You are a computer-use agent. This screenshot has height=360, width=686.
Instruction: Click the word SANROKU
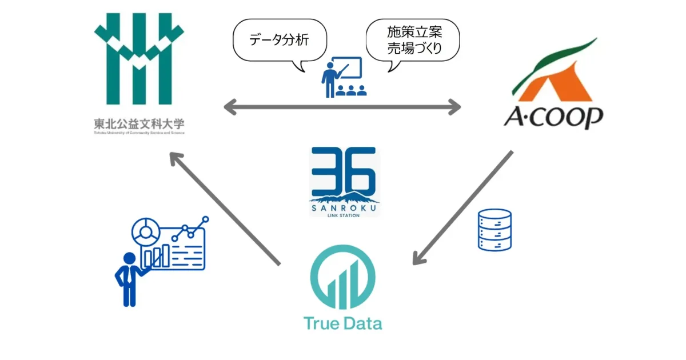(344, 209)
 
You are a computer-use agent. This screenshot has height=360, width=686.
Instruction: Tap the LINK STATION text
(344, 217)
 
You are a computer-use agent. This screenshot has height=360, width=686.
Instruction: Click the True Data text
(342, 323)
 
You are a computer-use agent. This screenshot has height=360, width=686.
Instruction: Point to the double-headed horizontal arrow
(342, 106)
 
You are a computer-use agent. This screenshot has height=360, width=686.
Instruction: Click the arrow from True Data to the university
(225, 209)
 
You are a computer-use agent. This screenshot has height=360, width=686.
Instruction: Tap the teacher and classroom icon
(343, 77)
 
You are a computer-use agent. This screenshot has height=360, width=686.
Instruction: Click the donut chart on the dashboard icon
(144, 231)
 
